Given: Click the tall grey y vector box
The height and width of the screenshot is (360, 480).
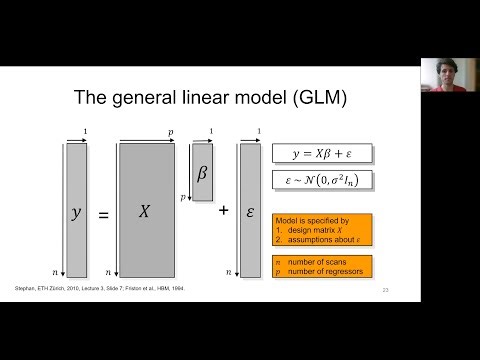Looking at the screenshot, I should point(76,210).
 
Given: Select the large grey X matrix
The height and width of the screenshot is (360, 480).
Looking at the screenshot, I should point(146,210).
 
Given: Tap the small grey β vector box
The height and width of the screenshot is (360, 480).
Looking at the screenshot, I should point(202,174).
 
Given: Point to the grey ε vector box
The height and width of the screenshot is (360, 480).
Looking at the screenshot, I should point(249,210).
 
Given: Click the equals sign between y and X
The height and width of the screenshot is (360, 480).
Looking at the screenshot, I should point(103,211).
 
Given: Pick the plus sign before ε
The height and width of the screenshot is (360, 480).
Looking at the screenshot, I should point(223,211).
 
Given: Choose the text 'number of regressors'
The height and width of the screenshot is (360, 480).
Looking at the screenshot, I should point(328,270).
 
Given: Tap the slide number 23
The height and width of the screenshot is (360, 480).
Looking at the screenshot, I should point(386,290).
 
